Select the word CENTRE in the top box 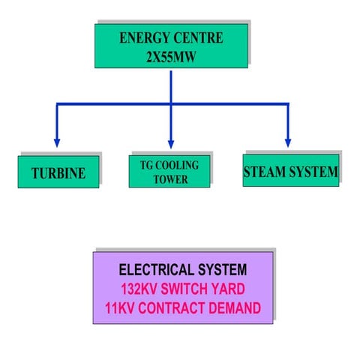tap(196, 37)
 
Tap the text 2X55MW tap(170, 54)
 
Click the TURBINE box tap(58, 174)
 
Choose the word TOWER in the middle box tap(170, 179)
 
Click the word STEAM tap(263, 172)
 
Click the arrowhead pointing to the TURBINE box tap(57, 142)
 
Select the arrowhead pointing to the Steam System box tap(288, 142)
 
